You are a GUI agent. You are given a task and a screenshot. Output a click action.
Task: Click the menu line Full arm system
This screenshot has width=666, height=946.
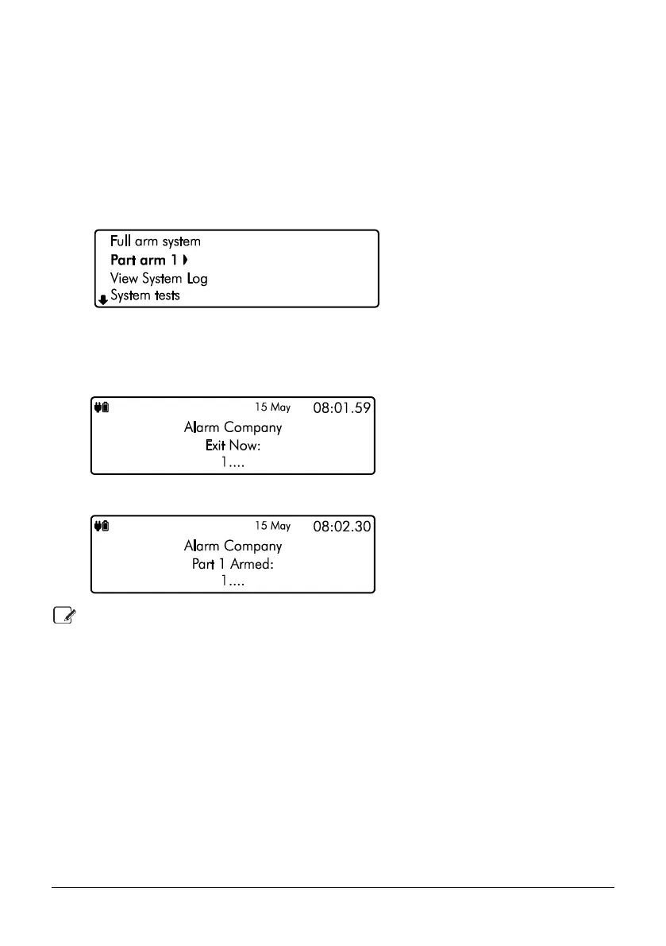[156, 241]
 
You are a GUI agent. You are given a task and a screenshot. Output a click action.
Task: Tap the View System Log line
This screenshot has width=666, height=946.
[159, 279]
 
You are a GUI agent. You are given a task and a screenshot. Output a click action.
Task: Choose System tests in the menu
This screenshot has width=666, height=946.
[145, 296]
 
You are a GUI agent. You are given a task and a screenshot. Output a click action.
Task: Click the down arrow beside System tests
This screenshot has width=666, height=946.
[102, 300]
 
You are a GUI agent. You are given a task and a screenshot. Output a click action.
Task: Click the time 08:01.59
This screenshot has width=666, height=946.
[343, 407]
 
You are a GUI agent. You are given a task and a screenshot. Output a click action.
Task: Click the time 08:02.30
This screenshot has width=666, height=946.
[343, 527]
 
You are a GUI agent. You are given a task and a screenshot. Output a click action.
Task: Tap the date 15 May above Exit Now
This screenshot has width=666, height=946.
[272, 407]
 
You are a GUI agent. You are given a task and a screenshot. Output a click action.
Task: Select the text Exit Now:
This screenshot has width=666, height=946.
[233, 446]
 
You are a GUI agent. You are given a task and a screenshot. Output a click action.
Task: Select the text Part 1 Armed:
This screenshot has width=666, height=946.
[233, 564]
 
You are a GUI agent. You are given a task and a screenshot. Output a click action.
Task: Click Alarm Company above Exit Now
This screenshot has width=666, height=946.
[233, 427]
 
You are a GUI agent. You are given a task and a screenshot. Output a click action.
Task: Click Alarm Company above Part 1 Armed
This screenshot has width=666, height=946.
[233, 546]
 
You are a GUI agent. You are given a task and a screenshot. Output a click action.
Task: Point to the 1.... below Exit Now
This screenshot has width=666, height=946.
[233, 463]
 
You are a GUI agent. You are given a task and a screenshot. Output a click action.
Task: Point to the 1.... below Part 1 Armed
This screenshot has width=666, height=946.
[233, 581]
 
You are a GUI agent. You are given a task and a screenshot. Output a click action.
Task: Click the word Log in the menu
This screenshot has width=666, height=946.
[197, 279]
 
